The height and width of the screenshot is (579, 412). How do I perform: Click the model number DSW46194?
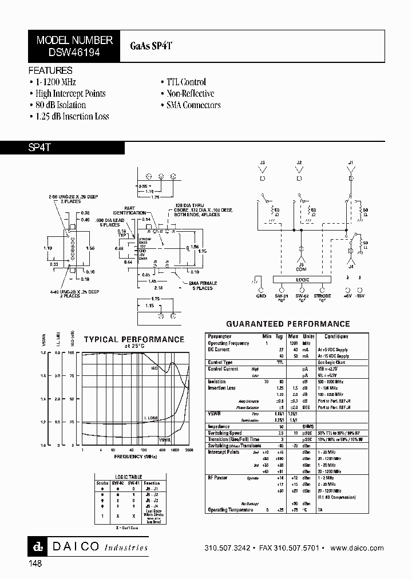[74, 51]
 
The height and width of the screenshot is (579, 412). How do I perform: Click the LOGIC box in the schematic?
[303, 280]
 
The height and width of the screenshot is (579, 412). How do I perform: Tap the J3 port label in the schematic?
[263, 163]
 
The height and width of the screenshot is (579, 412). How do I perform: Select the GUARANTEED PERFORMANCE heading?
[288, 324]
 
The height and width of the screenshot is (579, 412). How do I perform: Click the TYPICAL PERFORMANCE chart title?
[134, 339]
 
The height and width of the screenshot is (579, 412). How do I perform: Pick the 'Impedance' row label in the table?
[219, 426]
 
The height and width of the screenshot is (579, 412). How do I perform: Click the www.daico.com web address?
[357, 548]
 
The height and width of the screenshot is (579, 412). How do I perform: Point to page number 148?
[35, 564]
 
